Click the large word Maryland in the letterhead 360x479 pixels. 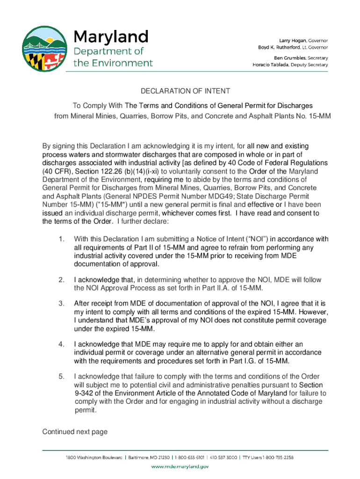(x=111, y=36)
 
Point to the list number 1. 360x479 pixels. (x=62, y=239)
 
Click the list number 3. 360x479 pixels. (x=62, y=304)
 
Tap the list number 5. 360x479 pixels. (x=62, y=376)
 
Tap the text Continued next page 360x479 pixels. (x=75, y=432)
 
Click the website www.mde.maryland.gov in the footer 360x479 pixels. (x=180, y=466)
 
